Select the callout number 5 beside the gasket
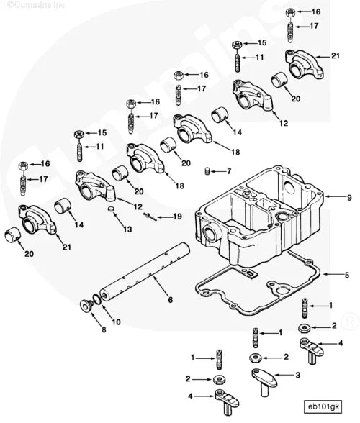[x=348, y=274]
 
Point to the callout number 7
[x=229, y=171]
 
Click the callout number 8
[x=103, y=329]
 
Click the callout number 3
[x=297, y=375]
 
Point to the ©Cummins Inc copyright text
[x=30, y=6]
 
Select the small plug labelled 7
[x=207, y=171]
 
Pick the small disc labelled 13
[x=111, y=209]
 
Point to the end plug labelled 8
[x=86, y=307]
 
